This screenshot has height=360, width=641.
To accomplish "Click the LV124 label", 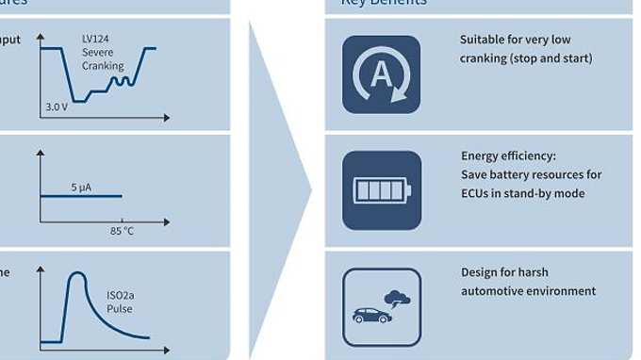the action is pyautogui.click(x=95, y=39).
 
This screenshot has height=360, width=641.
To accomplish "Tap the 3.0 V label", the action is pyautogui.click(x=57, y=106).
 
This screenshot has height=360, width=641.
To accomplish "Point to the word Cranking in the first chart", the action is pyautogui.click(x=103, y=66).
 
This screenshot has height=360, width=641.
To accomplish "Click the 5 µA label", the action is pyautogui.click(x=81, y=187).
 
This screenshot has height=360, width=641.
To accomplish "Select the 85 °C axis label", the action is pyautogui.click(x=122, y=231).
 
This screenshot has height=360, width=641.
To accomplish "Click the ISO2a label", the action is pyautogui.click(x=121, y=295).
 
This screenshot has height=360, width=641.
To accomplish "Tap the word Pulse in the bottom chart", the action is pyautogui.click(x=119, y=308).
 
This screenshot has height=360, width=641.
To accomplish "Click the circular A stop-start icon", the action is pyautogui.click(x=381, y=74).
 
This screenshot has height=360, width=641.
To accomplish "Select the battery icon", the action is pyautogui.click(x=381, y=190).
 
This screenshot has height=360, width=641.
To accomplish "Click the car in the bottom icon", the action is pyautogui.click(x=371, y=315).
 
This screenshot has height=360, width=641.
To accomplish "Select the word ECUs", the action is pyautogui.click(x=476, y=193).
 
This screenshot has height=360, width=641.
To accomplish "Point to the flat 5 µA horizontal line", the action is pyautogui.click(x=81, y=196).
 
